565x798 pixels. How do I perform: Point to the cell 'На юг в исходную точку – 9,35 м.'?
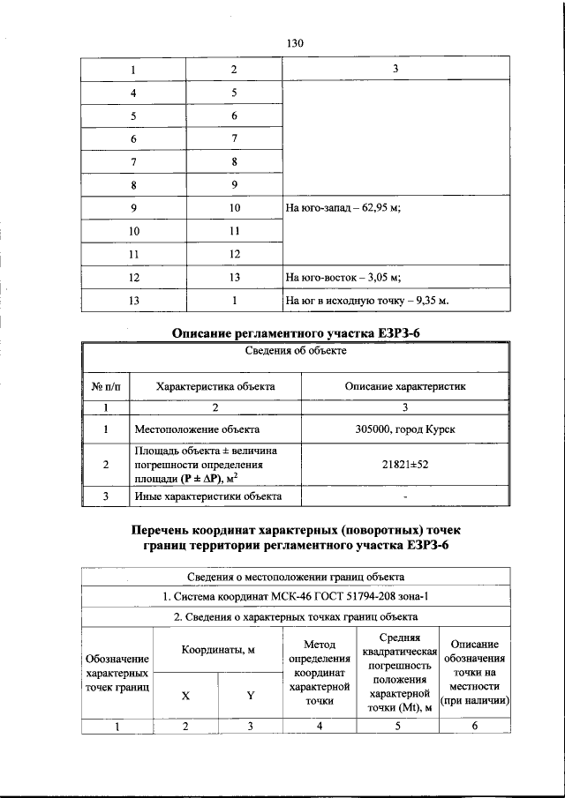coord(367,301)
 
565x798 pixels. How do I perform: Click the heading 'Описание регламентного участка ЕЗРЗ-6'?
coord(294,332)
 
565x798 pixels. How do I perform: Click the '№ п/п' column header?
coord(106,386)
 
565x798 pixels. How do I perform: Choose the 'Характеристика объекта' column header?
coord(215,386)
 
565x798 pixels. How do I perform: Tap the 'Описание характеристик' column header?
coord(405,386)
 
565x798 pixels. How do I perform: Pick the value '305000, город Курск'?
coord(405,429)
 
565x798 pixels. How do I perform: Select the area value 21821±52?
coord(405,464)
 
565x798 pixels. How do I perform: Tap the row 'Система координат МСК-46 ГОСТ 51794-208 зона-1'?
coord(294,597)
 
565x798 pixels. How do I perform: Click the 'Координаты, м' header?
coord(217,650)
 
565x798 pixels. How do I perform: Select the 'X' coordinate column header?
coord(185,695)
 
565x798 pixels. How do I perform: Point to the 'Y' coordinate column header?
coord(250,695)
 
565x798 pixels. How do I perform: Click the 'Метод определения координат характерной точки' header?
coord(319,673)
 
